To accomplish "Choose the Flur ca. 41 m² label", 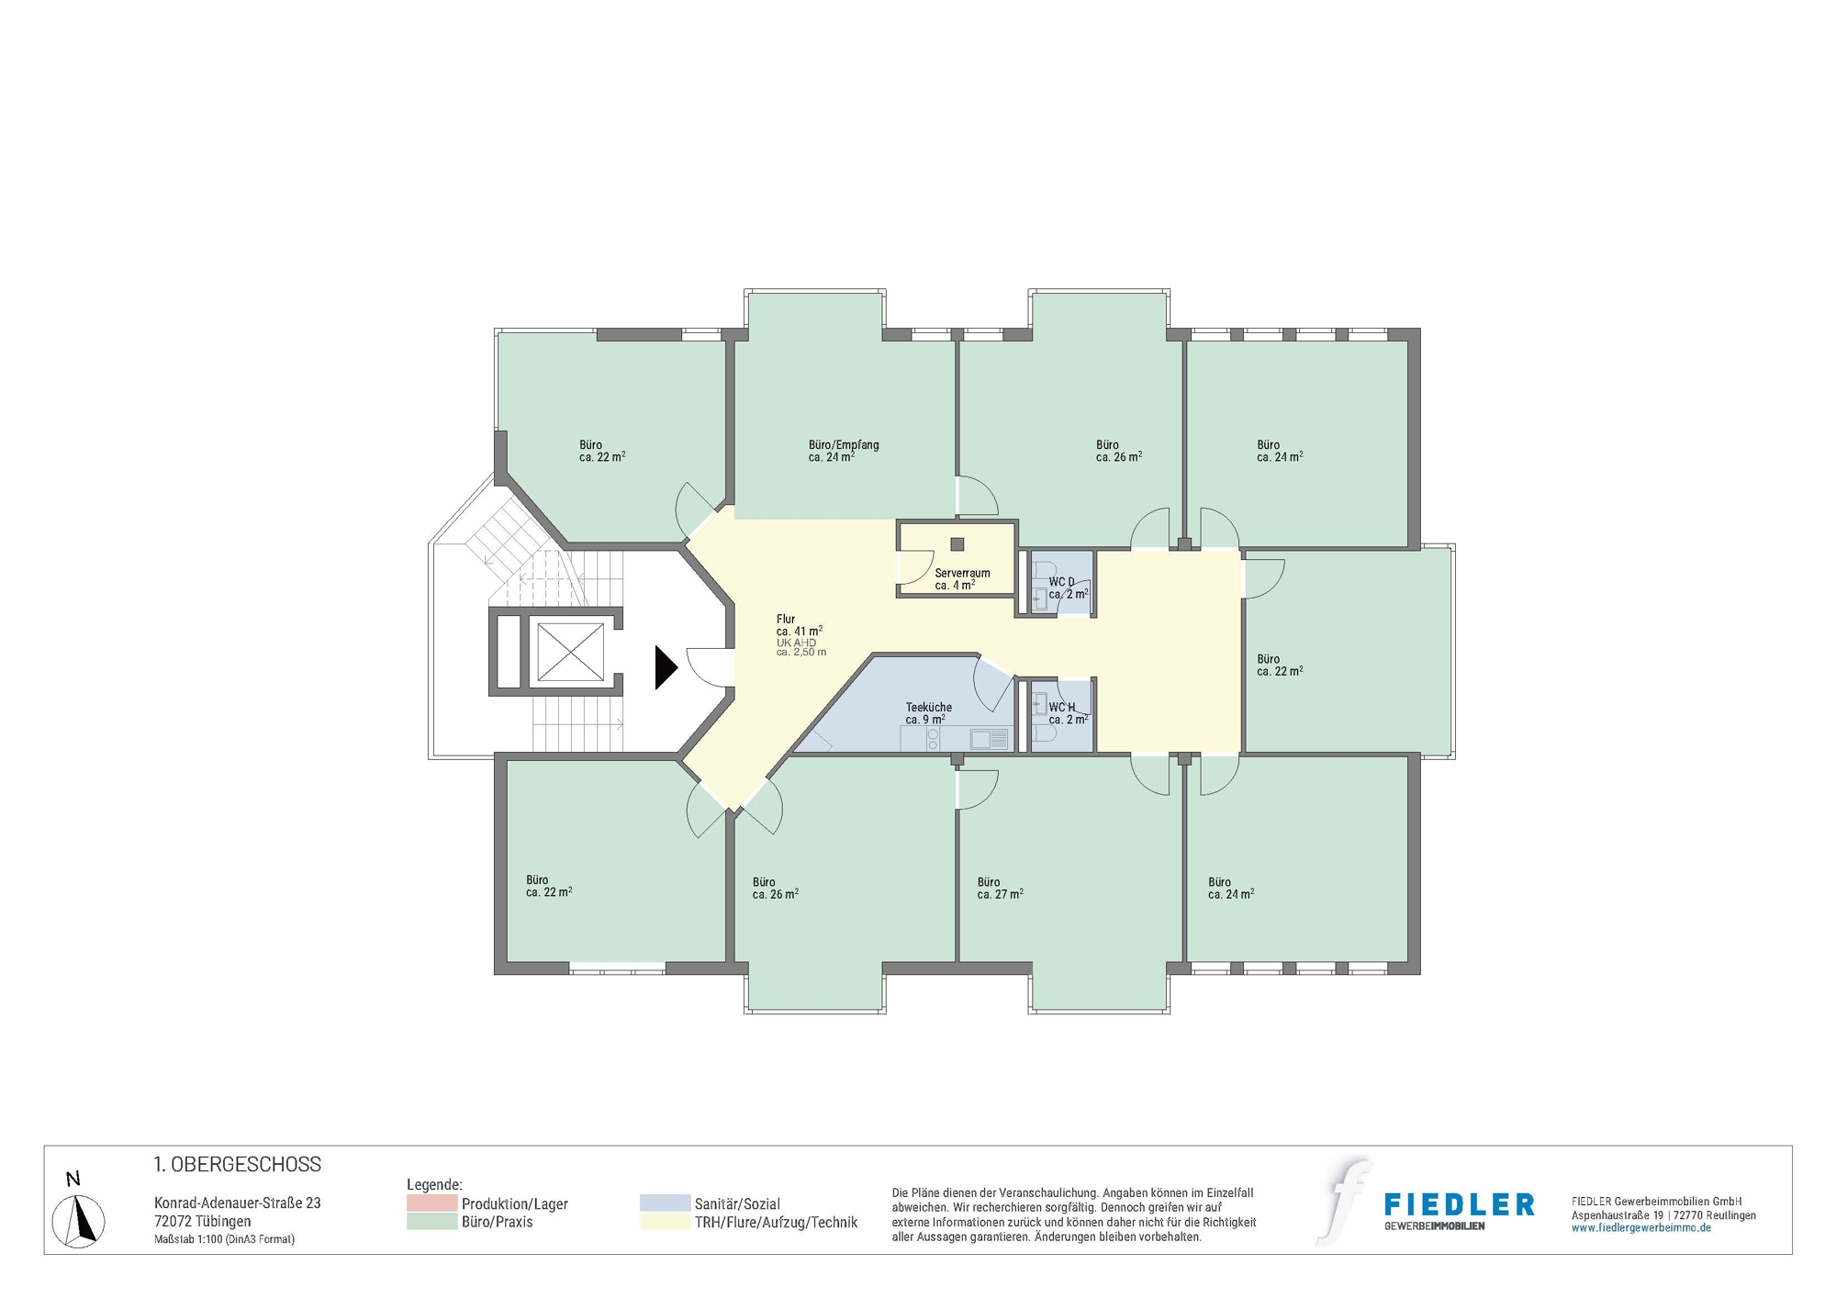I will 798,625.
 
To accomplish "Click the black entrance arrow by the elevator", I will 665,667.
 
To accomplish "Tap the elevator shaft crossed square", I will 569,652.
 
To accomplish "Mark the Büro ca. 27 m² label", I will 999,888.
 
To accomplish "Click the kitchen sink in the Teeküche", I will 989,738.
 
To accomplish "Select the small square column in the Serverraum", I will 957,544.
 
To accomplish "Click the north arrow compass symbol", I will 79,1220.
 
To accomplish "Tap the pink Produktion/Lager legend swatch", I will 431,1203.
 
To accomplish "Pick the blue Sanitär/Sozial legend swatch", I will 665,1203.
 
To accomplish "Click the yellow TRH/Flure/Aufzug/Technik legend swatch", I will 665,1222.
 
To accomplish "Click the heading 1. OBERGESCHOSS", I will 237,1164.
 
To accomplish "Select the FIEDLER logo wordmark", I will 1458,1205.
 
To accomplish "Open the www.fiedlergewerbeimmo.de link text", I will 1640,1228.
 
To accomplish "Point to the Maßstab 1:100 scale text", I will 224,1239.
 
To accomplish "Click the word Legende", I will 433,1185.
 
